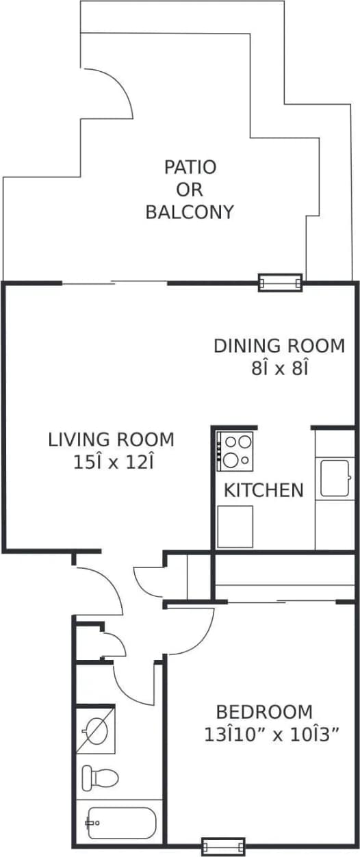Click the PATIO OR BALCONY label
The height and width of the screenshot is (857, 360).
pos(189,189)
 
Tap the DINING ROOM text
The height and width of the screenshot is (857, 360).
pos(279,346)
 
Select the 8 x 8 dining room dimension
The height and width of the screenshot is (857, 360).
pos(279,368)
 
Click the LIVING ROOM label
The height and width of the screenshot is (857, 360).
pos(111,439)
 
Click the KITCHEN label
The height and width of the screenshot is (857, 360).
pos(263,490)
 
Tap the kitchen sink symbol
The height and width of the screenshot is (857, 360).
pos(335,478)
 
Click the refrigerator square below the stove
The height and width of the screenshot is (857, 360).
pos(235,526)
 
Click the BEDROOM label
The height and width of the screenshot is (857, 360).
pos(264,711)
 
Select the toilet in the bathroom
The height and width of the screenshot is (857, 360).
pos(99,778)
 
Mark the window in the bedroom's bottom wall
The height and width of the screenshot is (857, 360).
pos(222,846)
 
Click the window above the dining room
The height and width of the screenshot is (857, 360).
pos(280,282)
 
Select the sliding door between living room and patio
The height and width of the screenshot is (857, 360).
pos(115,283)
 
